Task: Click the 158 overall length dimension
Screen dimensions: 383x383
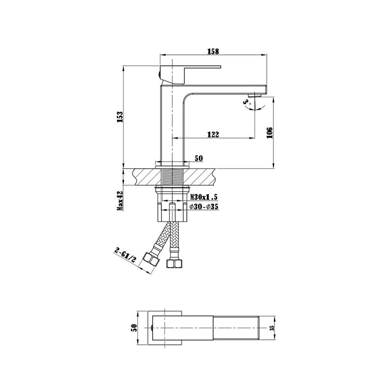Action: tap(213, 51)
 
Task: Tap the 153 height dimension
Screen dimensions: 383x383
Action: tap(120, 117)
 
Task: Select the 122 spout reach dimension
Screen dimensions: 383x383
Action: tap(213, 135)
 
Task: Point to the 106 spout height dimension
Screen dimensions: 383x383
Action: tap(270, 133)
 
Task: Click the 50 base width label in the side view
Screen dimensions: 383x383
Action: tap(199, 158)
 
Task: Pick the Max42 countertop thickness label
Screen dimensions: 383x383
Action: tap(120, 201)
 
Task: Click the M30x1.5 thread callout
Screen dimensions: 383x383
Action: tap(204, 196)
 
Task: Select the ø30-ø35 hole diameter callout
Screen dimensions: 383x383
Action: tap(204, 207)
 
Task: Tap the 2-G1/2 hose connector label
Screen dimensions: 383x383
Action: tap(125, 256)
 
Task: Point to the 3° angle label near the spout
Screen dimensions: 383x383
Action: tap(247, 103)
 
